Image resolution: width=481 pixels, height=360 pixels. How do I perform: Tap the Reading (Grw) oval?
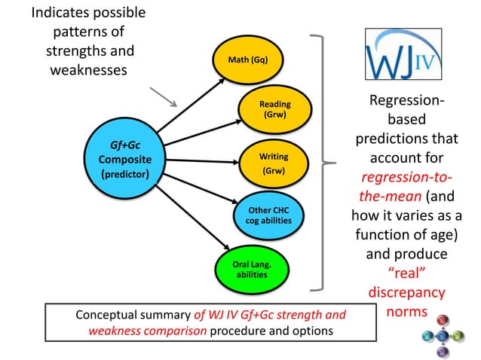click(x=274, y=110)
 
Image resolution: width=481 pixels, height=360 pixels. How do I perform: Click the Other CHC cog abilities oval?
click(x=268, y=215)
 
